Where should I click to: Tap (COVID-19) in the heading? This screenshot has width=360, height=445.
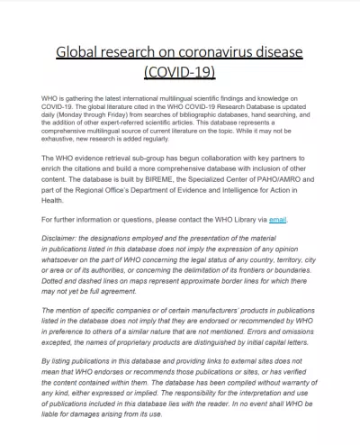point(180,71)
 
